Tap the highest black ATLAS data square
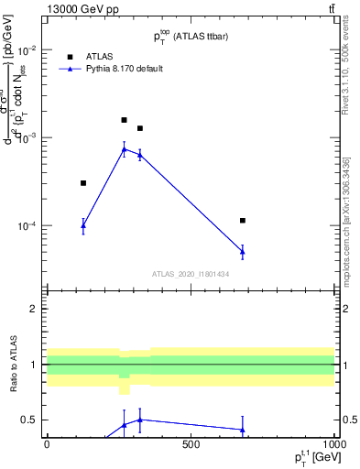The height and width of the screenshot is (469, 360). coord(125,120)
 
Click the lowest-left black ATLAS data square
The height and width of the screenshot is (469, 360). coord(83,183)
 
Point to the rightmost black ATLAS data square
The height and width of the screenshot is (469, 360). coord(243,221)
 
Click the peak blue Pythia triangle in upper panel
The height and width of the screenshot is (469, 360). coord(125,149)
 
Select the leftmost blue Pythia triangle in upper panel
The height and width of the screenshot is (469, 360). coord(83,224)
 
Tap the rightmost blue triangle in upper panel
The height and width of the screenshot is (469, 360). coord(243,250)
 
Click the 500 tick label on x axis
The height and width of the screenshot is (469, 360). coord(191,444)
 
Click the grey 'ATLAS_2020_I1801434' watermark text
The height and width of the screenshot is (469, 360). coord(191,274)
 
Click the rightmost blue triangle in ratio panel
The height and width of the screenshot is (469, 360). coord(243,429)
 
